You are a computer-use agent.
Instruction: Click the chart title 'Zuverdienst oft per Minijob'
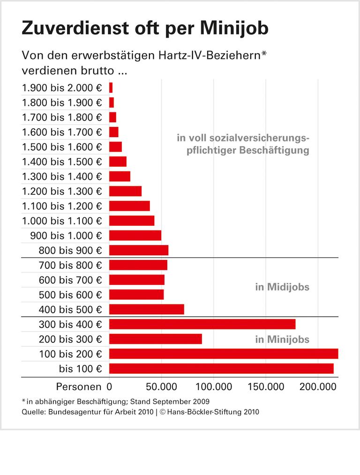[x=145, y=29]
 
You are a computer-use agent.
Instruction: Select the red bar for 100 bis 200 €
[x=224, y=354]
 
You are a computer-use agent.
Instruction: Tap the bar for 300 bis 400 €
[x=202, y=324]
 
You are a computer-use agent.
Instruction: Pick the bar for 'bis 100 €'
[x=221, y=369]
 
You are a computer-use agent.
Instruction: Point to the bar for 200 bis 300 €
[x=156, y=339]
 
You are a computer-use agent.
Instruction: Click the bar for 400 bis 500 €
[x=147, y=309]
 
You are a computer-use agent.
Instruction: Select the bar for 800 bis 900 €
[x=139, y=250]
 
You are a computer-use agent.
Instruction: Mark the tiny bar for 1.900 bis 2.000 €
[x=111, y=88]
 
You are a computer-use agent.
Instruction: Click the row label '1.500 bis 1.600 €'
[x=62, y=147]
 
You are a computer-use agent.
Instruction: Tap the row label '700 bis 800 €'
[x=70, y=265]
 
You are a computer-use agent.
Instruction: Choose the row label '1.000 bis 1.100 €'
[x=62, y=221]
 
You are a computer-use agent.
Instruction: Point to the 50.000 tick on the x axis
[x=161, y=387]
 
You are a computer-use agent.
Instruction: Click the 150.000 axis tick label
[x=265, y=387]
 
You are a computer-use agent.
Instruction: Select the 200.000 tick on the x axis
[x=317, y=387]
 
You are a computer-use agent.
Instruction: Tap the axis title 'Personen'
[x=78, y=387]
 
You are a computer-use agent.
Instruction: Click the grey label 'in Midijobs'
[x=282, y=287]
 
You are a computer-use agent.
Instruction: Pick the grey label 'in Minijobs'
[x=282, y=340]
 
